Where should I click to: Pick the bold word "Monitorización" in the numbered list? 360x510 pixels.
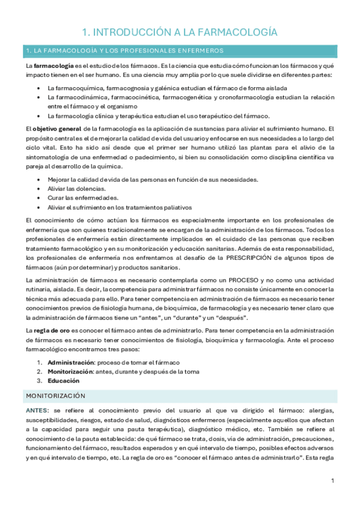click(x=71, y=371)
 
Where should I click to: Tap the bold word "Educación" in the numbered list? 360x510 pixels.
click(x=64, y=381)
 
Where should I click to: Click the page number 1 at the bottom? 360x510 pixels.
click(x=332, y=482)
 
